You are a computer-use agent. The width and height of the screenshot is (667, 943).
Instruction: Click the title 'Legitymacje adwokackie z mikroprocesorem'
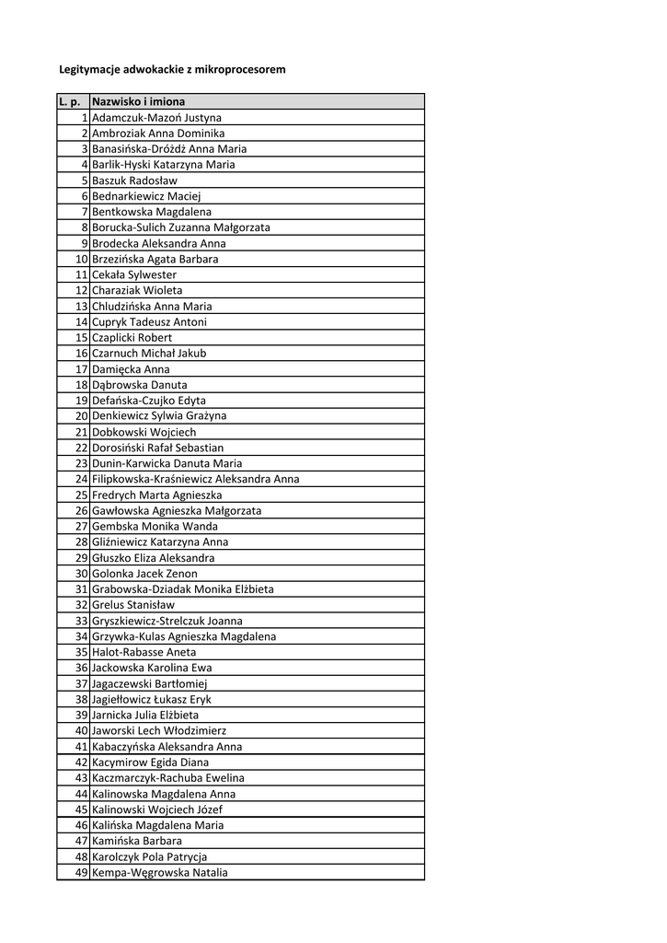[172, 69]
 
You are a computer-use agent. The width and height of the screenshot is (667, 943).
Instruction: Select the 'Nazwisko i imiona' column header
[138, 101]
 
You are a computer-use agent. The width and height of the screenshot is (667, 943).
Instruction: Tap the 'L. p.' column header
[70, 101]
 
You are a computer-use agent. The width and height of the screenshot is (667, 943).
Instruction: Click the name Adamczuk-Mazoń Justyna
[156, 118]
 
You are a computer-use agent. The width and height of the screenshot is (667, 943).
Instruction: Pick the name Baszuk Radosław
[135, 180]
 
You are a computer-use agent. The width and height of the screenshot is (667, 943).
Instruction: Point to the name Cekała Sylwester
[134, 274]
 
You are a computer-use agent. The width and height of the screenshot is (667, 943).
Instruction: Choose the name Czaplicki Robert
[132, 338]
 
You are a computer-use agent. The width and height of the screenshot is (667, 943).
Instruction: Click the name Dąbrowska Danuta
[140, 385]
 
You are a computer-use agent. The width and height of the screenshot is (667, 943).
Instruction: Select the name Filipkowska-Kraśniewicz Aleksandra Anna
[195, 479]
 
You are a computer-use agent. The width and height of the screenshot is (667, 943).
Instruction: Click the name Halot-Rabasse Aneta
[144, 652]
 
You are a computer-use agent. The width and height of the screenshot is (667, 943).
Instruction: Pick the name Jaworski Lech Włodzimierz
[159, 730]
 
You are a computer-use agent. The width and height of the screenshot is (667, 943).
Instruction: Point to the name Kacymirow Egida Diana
[150, 763]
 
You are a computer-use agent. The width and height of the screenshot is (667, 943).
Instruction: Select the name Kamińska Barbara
[137, 841]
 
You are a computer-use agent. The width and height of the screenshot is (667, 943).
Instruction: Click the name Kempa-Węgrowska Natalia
[160, 873]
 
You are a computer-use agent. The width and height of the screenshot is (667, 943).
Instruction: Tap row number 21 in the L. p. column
[81, 432]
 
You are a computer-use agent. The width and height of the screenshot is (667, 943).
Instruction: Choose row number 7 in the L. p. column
[84, 212]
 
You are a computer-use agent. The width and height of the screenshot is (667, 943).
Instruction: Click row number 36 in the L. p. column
[81, 668]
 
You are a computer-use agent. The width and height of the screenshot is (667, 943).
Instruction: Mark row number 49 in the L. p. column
[81, 873]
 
